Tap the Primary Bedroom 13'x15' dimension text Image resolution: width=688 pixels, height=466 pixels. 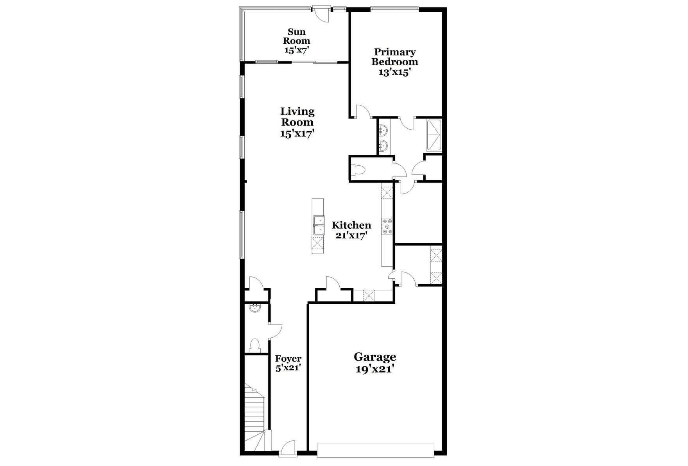pos(394,72)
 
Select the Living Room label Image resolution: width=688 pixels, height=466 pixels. pos(297,117)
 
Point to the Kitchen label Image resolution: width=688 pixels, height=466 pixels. pos(351,225)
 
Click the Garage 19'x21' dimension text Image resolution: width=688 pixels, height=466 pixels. pos(374,369)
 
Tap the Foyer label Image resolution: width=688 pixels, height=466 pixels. pos(288,358)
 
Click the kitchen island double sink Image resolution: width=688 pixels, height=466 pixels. pos(319,226)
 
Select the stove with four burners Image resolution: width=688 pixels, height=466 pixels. pos(388,226)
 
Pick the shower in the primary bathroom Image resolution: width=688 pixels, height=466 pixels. pos(435,135)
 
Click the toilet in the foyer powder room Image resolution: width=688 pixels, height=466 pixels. pos(254,345)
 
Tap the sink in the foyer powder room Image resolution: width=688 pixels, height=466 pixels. pos(254,308)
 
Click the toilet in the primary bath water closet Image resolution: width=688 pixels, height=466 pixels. pos(359,169)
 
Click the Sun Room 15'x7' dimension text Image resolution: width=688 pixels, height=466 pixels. pos(297,50)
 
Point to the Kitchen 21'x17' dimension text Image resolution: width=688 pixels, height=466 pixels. pos(351,235)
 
